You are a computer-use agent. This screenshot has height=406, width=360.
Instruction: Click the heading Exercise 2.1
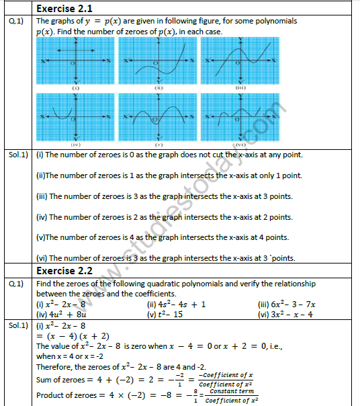(x=64, y=9)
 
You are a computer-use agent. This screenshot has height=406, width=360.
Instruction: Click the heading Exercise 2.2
(x=64, y=272)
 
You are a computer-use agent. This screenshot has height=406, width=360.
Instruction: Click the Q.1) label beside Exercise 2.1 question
(x=16, y=21)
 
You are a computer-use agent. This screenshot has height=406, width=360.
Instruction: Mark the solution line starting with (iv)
(x=165, y=216)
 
